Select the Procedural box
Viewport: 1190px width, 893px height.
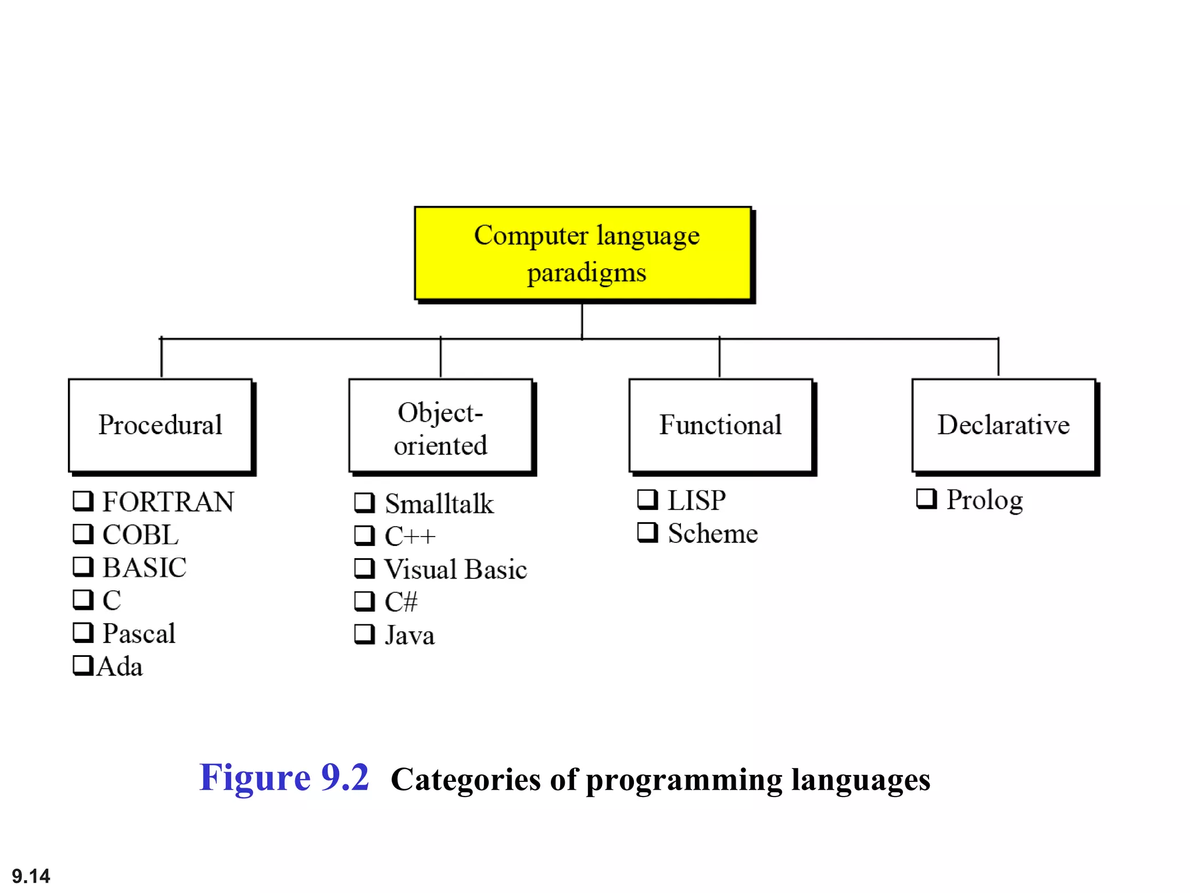pyautogui.click(x=160, y=425)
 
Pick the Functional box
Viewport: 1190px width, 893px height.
pyautogui.click(x=721, y=425)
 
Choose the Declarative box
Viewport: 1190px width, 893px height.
pyautogui.click(x=1003, y=425)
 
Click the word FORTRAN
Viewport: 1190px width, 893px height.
pyautogui.click(x=168, y=502)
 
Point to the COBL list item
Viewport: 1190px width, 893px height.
pyautogui.click(x=140, y=535)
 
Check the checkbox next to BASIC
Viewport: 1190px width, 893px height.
pyautogui.click(x=83, y=567)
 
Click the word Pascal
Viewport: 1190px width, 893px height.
pyautogui.click(x=139, y=633)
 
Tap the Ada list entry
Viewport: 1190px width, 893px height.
pyautogui.click(x=120, y=666)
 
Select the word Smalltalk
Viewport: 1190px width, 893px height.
pyautogui.click(x=439, y=503)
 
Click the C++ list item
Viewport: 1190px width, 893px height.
pyautogui.click(x=410, y=536)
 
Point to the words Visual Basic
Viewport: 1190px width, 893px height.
pyautogui.click(x=456, y=569)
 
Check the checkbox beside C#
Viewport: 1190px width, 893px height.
pyautogui.click(x=364, y=601)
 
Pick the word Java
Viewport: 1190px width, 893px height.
pyautogui.click(x=410, y=635)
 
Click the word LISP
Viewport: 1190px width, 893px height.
pyautogui.click(x=697, y=500)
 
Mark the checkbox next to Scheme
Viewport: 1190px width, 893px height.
pyautogui.click(x=647, y=532)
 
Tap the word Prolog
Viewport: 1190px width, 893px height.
pyautogui.click(x=984, y=500)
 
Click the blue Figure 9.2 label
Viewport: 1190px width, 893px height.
pyautogui.click(x=284, y=777)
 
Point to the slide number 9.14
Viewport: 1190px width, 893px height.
pyautogui.click(x=31, y=876)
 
